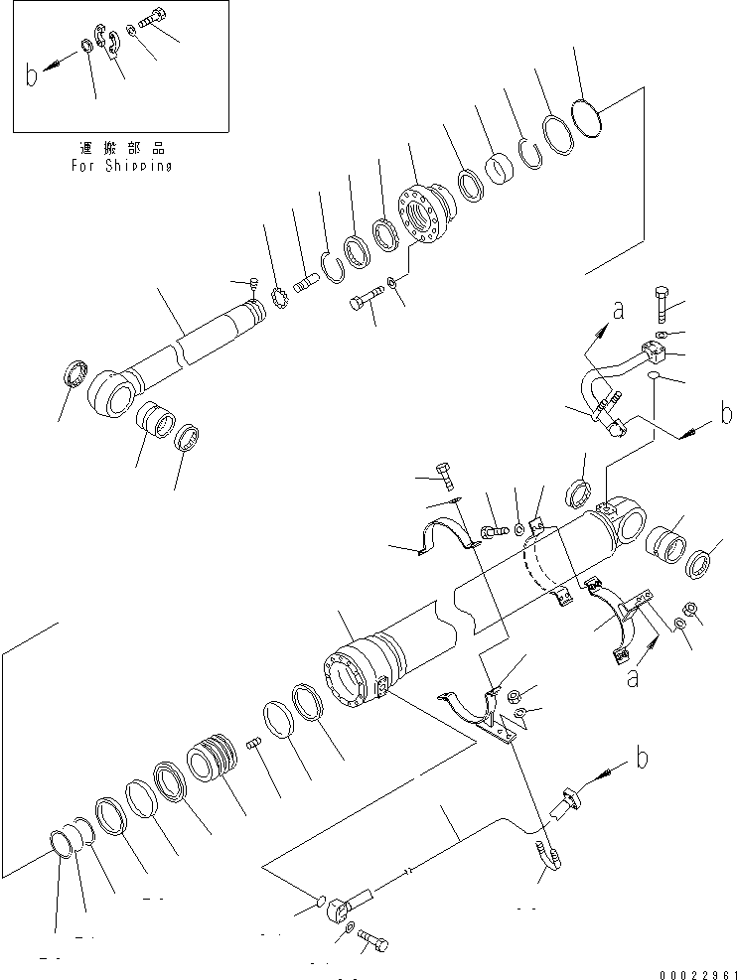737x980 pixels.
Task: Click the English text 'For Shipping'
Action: [121, 166]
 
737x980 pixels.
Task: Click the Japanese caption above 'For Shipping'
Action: [121, 148]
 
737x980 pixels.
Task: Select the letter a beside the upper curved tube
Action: [618, 310]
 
